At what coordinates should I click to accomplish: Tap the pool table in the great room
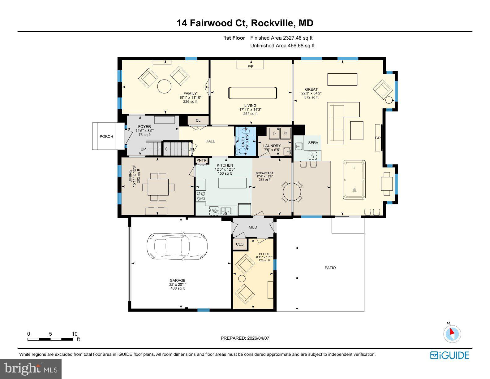354,180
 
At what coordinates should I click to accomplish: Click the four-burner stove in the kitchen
201,196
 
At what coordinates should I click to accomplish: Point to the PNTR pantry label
201,160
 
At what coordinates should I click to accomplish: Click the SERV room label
313,143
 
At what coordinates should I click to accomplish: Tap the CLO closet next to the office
240,244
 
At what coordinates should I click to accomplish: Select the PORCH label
106,137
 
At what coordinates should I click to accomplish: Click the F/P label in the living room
250,67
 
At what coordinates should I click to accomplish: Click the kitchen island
233,183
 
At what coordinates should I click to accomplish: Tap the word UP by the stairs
143,149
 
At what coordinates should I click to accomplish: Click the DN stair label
191,149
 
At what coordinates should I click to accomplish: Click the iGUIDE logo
449,355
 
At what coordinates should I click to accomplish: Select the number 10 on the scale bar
74,334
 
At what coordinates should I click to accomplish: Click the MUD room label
253,227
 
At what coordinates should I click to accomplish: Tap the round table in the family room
164,86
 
